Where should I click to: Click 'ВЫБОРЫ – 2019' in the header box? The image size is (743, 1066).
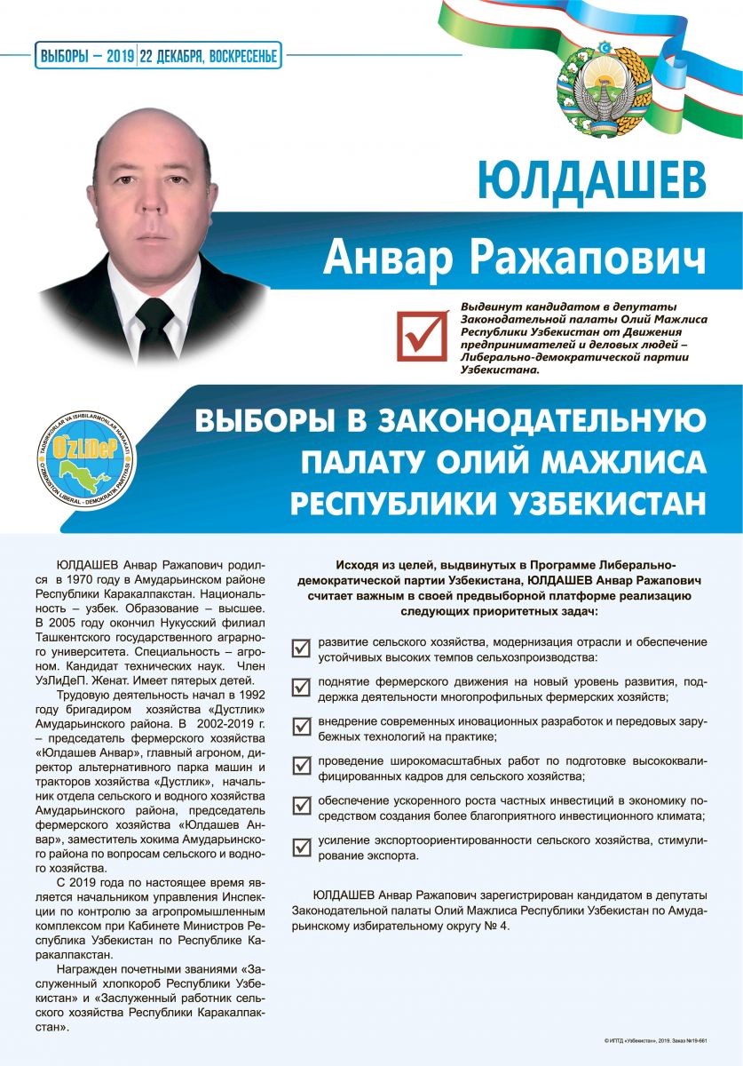point(86,57)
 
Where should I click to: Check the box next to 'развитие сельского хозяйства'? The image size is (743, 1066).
point(302,648)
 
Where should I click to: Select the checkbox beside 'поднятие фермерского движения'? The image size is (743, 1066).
point(302,688)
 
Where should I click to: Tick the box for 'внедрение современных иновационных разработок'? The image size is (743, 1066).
point(302,727)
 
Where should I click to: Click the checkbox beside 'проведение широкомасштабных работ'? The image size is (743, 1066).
point(302,766)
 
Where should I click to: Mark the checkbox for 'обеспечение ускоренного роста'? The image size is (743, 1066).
point(302,806)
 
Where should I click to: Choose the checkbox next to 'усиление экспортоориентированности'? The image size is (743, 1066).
point(302,845)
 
